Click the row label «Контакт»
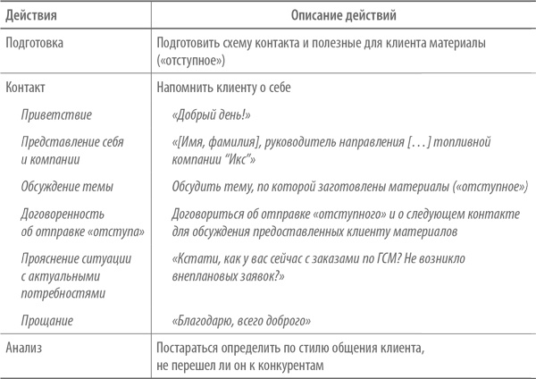[26, 90]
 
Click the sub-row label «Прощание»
[48, 320]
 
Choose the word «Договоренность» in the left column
[63, 215]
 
